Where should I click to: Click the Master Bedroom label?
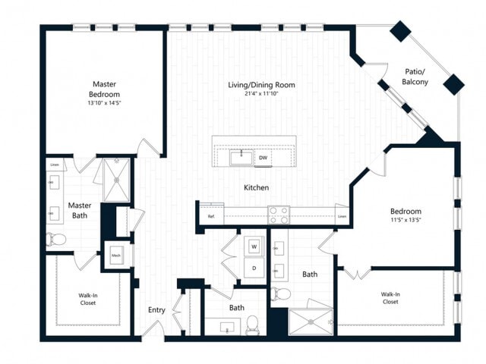point(103,89)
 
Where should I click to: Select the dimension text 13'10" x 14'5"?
point(103,103)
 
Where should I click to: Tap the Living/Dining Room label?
point(261,84)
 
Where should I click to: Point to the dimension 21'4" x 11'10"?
point(261,93)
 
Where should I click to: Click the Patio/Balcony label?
point(415,77)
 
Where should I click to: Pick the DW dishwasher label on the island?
point(263,158)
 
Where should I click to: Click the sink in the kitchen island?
point(242,158)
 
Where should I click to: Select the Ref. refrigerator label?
point(211,217)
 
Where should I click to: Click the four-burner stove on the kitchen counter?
point(278,215)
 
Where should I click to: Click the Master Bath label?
point(80,210)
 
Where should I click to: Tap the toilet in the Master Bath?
point(57,240)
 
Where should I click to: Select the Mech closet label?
point(117,256)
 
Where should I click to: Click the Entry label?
point(156,309)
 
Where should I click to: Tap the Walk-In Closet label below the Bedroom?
point(390,297)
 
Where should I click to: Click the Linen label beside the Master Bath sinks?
point(55,164)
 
